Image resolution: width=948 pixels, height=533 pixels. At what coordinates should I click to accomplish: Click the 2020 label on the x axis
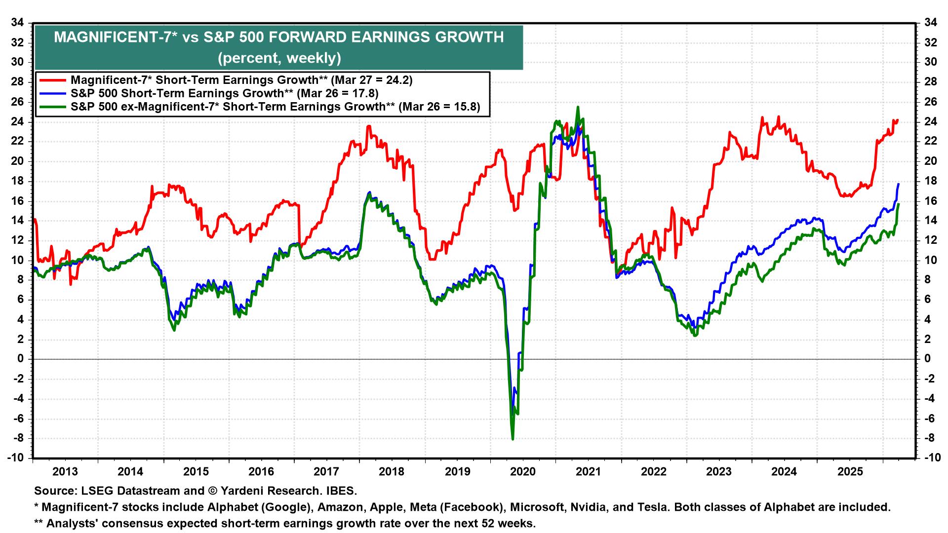pos(523,472)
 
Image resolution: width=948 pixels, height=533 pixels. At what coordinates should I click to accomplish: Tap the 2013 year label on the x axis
pos(65,472)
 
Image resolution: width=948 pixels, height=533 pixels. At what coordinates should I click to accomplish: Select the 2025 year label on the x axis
pos(850,472)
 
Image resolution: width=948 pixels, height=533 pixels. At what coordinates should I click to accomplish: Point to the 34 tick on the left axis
pos(18,23)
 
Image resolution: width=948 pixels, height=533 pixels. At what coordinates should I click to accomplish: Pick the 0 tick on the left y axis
pos(21,359)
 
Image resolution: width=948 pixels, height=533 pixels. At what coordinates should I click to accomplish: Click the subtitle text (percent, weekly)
pos(279,58)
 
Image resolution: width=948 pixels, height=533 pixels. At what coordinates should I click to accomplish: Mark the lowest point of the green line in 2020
pos(513,439)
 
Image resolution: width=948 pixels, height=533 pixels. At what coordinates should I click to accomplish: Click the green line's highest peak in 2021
pos(578,107)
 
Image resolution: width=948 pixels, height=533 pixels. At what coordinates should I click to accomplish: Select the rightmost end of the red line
pos(898,120)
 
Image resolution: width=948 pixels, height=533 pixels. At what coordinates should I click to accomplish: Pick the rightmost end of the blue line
pos(899,184)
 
